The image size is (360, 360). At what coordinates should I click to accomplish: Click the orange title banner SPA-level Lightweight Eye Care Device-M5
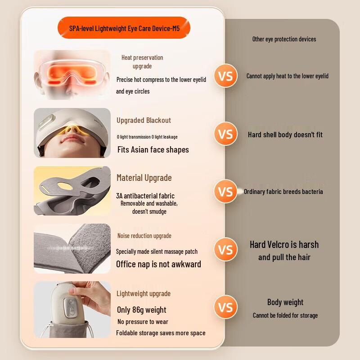[x=124, y=28]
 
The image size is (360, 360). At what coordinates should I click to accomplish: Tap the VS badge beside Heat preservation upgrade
[x=225, y=76]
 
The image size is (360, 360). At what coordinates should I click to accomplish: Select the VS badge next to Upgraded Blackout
[x=225, y=134]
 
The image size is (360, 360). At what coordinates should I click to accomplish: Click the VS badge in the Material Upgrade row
[x=225, y=192]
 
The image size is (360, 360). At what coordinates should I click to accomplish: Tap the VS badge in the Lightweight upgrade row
[x=225, y=307]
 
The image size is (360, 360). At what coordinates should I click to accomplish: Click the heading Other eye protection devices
[x=284, y=39]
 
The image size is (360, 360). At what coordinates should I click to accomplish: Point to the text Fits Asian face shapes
[x=153, y=149]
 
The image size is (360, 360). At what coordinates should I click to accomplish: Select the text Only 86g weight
[x=141, y=310]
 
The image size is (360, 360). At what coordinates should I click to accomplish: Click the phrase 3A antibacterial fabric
[x=145, y=196]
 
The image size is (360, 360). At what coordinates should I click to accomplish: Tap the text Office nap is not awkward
[x=158, y=264]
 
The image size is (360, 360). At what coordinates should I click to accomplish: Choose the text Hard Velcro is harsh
[x=284, y=245]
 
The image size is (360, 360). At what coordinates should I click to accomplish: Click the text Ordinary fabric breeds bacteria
[x=283, y=192]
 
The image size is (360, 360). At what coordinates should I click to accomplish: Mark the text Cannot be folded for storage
[x=285, y=315]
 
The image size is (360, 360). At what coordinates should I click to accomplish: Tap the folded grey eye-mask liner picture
[x=72, y=190]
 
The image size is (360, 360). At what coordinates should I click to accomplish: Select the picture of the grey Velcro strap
[x=72, y=248]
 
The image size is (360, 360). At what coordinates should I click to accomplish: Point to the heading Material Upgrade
[x=144, y=178]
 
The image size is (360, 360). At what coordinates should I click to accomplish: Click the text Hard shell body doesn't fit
[x=285, y=135]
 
